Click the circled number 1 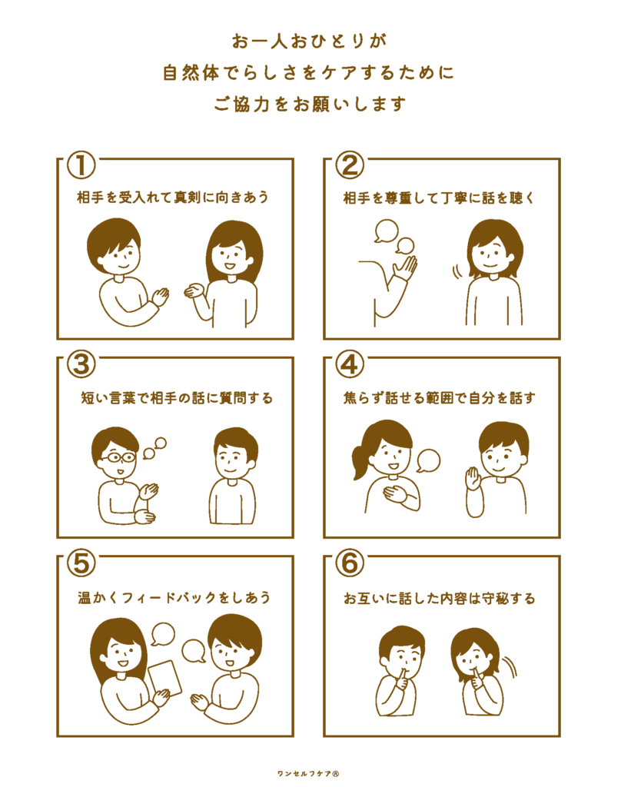click(x=81, y=165)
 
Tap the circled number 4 click(x=350, y=364)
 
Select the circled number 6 click(x=350, y=563)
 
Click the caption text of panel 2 click(x=439, y=198)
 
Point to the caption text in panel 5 click(x=174, y=597)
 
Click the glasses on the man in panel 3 click(x=118, y=457)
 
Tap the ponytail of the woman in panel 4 click(x=360, y=462)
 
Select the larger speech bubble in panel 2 click(x=386, y=231)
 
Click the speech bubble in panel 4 click(x=428, y=460)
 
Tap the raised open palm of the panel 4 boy click(x=473, y=479)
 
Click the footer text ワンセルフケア click(x=308, y=773)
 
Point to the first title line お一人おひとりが click(x=309, y=42)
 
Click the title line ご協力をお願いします click(x=310, y=104)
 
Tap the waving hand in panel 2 click(x=405, y=268)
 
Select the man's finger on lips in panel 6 click(x=400, y=677)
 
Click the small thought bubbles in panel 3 click(x=154, y=449)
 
